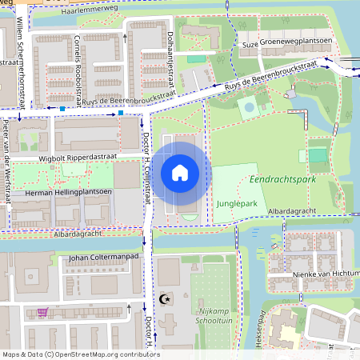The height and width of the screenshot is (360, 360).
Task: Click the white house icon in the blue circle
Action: point(180,172)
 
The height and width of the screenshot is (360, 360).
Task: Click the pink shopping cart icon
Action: point(42,313)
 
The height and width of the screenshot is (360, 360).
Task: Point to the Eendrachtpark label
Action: point(282,180)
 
